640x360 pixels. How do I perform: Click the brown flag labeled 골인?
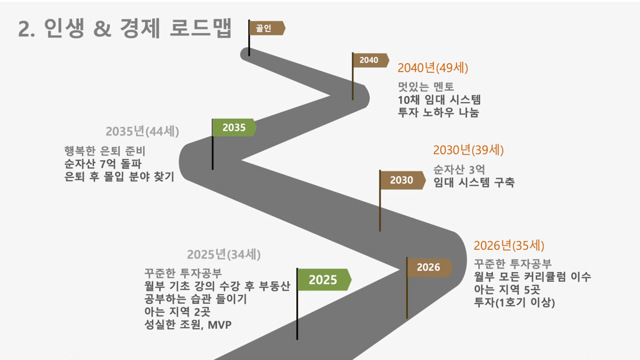[x=267, y=28]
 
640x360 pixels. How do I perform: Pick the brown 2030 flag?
[x=403, y=180]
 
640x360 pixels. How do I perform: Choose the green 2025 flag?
[x=324, y=280]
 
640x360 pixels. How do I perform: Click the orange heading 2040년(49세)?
[x=433, y=68]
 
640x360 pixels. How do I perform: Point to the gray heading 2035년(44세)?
[x=142, y=131]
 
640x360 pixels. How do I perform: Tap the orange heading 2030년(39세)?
[x=468, y=150]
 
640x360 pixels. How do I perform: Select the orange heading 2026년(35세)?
[x=509, y=246]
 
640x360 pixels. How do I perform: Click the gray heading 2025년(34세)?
[x=224, y=255]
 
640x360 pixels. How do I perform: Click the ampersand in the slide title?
[x=102, y=29]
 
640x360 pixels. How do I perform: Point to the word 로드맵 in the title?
[x=200, y=28]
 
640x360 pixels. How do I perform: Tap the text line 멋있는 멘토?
[x=426, y=87]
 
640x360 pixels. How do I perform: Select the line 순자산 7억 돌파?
[x=103, y=164]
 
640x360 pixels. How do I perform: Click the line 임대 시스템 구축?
[x=474, y=182]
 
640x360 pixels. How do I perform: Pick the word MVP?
[x=219, y=325]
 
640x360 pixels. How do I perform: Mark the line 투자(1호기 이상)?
[x=514, y=302]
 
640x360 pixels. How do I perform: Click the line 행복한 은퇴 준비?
[x=105, y=151]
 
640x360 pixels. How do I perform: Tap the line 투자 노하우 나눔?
[x=439, y=112]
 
